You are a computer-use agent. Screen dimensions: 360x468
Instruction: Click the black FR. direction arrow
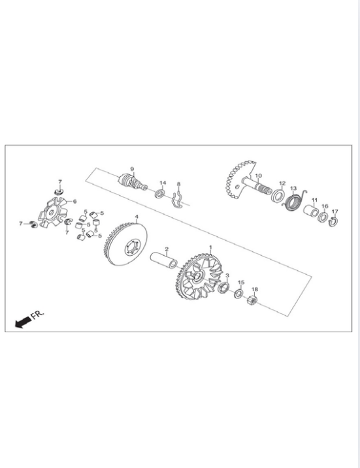click(23, 322)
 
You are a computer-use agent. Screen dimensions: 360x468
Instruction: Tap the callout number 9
click(132, 169)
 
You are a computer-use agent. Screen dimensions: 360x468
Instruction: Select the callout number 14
click(163, 183)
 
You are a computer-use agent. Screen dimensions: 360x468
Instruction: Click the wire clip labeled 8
click(176, 199)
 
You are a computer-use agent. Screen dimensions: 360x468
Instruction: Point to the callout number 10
click(259, 176)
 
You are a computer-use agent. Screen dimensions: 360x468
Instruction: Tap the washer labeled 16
click(323, 217)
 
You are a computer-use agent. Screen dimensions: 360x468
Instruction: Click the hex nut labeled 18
click(252, 300)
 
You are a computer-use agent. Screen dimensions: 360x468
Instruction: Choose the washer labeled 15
click(238, 294)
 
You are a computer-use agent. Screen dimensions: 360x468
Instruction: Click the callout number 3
click(227, 275)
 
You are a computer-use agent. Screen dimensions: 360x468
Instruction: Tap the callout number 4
click(137, 217)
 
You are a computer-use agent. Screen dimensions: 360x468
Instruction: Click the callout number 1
click(210, 247)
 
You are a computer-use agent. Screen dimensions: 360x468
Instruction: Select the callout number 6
click(74, 202)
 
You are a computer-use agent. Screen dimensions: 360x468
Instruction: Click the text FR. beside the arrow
click(38, 315)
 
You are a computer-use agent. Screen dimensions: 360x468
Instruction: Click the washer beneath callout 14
click(160, 193)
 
